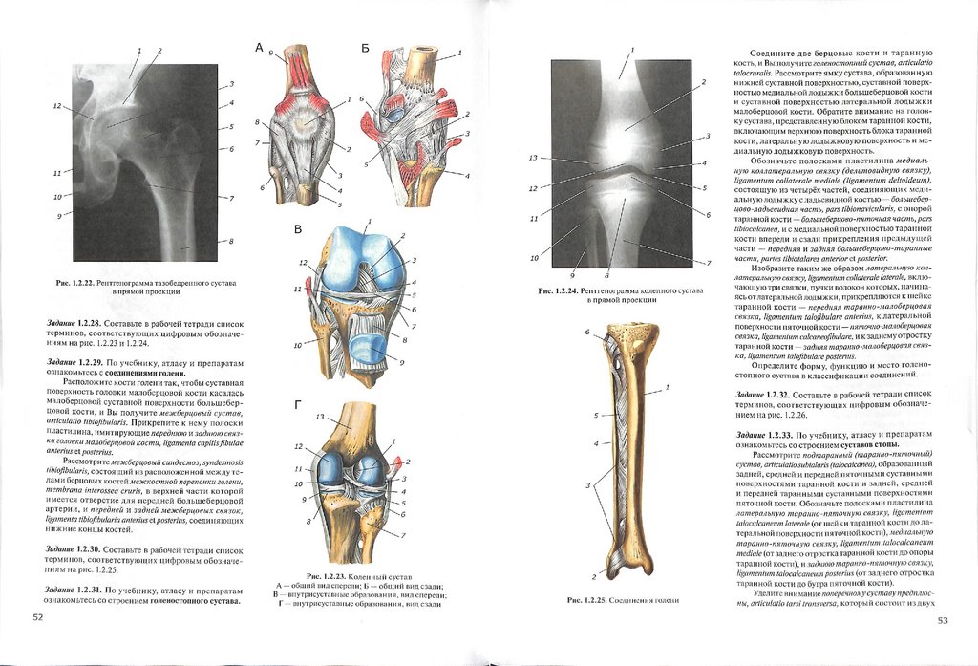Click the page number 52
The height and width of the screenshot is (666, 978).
[38, 617]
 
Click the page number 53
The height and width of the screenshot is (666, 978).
[942, 620]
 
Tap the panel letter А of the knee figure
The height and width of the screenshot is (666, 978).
[258, 47]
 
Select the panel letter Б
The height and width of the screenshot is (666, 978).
[365, 47]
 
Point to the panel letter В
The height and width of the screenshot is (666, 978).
[298, 229]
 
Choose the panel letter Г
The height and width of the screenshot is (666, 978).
[298, 406]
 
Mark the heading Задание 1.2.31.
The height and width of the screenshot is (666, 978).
[75, 589]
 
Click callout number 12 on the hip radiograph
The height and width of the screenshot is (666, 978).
[57, 106]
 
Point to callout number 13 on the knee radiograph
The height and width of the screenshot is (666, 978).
[533, 158]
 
